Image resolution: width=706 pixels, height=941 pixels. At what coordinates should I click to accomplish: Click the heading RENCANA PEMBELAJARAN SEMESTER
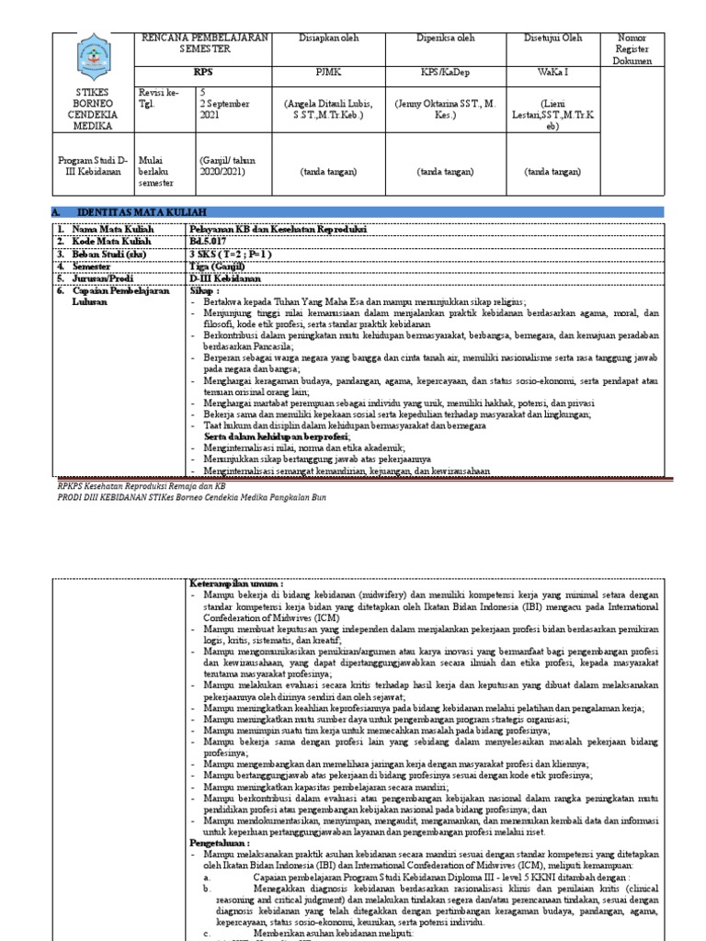(204, 41)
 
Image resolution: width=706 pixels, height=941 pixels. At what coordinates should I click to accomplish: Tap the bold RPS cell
(203, 70)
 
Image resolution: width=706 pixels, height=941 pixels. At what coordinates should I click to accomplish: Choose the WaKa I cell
(552, 70)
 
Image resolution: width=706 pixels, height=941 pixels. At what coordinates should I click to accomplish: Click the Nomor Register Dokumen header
(632, 50)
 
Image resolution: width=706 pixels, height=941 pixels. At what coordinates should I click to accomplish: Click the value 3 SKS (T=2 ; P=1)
(231, 252)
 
